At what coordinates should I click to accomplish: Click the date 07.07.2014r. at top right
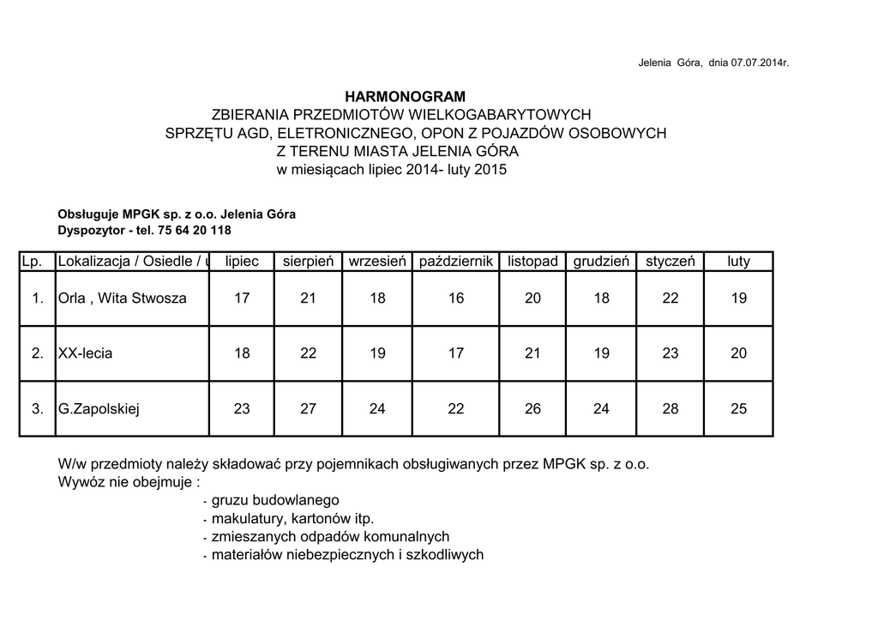[760, 63]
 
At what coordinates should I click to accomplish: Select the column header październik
[456, 261]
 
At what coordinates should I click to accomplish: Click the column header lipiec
[242, 261]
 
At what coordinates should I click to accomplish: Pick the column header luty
[738, 261]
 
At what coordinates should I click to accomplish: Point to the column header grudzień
[601, 261]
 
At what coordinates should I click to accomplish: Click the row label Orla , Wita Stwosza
[122, 298]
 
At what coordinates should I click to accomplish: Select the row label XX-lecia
[85, 353]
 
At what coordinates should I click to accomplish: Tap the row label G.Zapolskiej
[99, 409]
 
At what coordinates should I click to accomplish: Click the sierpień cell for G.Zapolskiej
[308, 409]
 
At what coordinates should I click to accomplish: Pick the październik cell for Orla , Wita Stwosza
[456, 298]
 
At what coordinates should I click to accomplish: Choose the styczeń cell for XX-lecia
[671, 353]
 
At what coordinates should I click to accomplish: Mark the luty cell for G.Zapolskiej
[738, 409]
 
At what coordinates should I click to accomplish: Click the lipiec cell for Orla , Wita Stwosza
[242, 298]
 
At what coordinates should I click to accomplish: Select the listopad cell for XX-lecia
[532, 353]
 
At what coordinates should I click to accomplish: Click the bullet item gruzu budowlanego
[275, 500]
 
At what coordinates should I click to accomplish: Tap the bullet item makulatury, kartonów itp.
[292, 518]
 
